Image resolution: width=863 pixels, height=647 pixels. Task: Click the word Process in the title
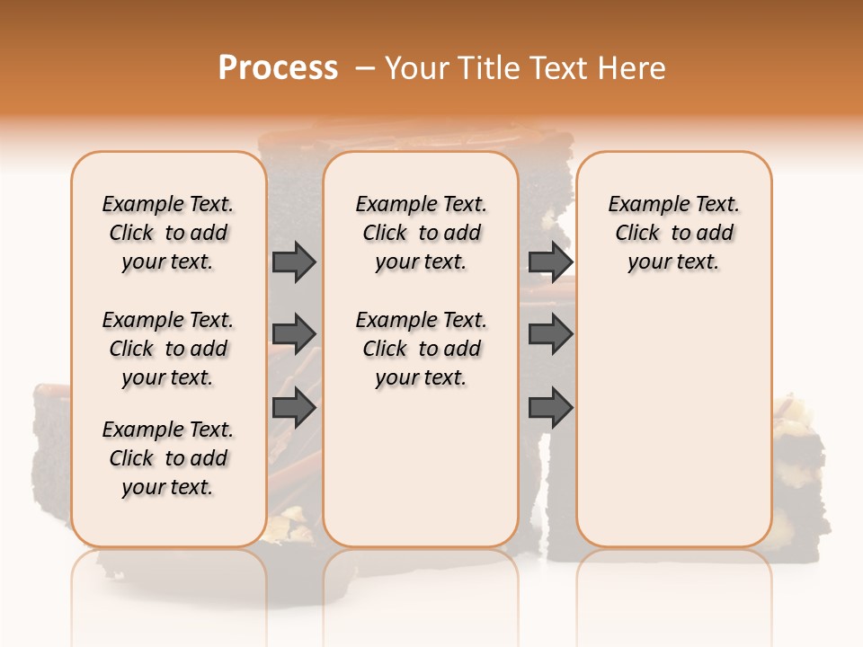click(278, 68)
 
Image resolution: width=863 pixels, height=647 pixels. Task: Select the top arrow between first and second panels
click(294, 262)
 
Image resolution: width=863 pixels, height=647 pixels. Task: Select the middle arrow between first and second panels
click(294, 334)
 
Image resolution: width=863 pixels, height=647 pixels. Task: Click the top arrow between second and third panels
click(550, 262)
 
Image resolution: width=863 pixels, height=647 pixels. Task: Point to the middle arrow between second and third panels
click(550, 334)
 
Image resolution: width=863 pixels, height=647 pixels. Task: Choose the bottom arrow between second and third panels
click(550, 408)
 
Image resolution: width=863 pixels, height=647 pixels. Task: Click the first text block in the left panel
click(168, 233)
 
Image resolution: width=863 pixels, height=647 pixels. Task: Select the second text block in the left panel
click(168, 349)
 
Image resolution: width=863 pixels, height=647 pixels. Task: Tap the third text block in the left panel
click(168, 458)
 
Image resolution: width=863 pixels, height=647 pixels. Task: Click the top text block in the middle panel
click(421, 233)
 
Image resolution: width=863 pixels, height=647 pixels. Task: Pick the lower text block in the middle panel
click(421, 349)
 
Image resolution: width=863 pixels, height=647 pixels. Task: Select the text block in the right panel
click(673, 233)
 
